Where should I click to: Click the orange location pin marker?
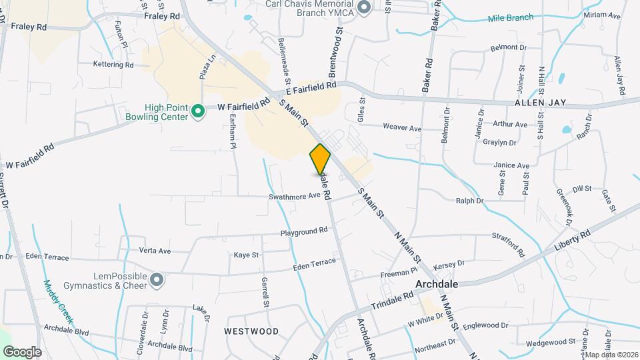(320, 159)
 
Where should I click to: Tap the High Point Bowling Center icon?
(197, 111)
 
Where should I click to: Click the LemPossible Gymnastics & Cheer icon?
(156, 280)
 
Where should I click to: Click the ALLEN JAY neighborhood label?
(541, 103)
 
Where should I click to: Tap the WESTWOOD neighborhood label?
(251, 331)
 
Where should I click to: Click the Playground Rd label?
(304, 231)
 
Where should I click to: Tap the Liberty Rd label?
(573, 241)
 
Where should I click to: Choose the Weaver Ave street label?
(402, 127)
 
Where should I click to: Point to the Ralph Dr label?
(469, 200)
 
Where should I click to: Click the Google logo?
(21, 351)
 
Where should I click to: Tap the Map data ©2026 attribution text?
(611, 355)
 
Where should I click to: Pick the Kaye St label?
(246, 255)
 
